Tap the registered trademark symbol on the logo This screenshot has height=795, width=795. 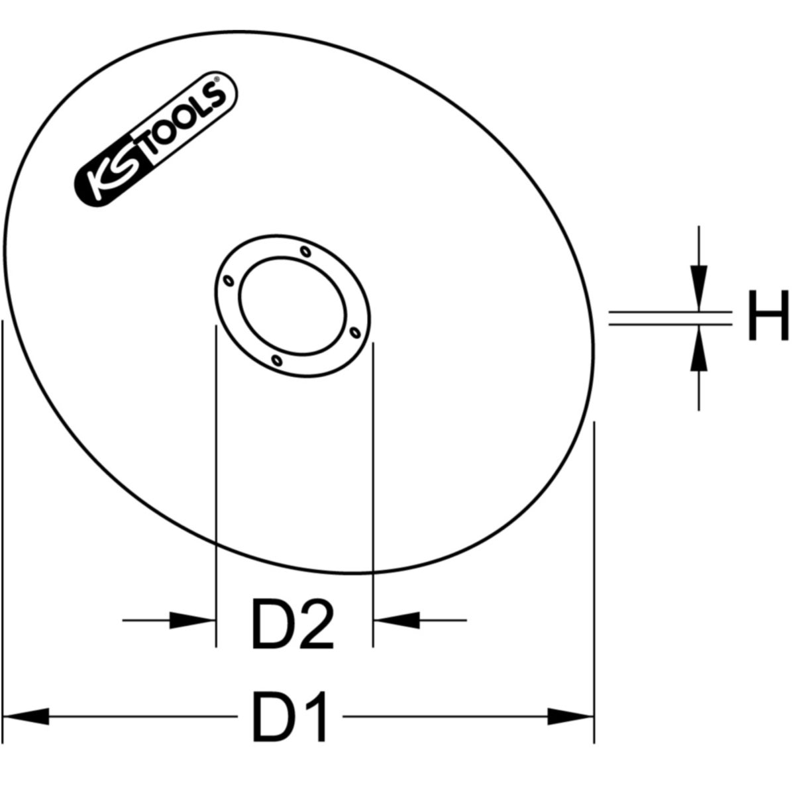coord(217,83)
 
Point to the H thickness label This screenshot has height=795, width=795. coord(767,317)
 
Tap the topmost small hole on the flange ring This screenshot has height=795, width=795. coord(305,251)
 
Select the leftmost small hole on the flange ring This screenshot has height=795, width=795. coord(229,281)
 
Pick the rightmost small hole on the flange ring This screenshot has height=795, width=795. coord(355,331)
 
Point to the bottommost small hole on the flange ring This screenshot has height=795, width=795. coord(278,360)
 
